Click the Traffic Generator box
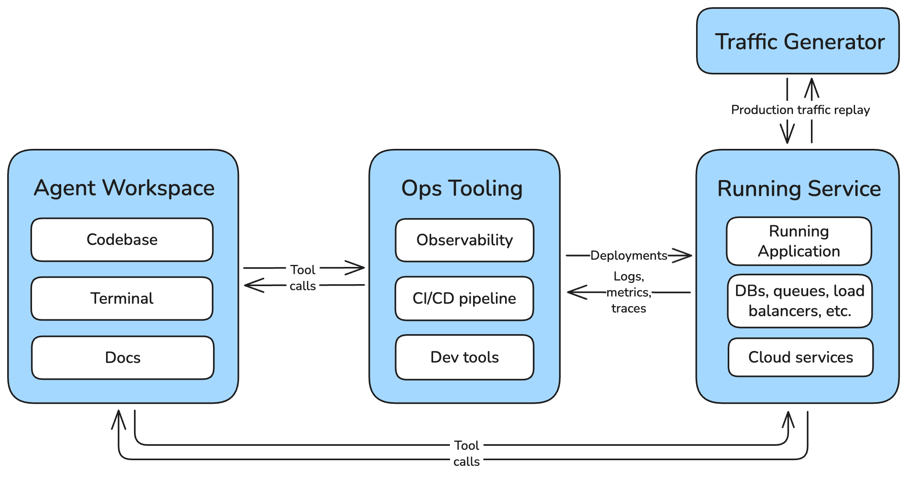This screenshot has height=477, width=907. pyautogui.click(x=798, y=41)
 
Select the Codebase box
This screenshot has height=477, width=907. pyautogui.click(x=122, y=240)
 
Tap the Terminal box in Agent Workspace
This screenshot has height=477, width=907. pyautogui.click(x=122, y=299)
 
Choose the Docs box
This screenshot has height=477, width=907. pyautogui.click(x=122, y=357)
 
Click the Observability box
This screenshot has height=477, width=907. pyautogui.click(x=464, y=240)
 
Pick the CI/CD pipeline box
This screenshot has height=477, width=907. pyautogui.click(x=464, y=299)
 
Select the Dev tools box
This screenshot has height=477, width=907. pyautogui.click(x=464, y=357)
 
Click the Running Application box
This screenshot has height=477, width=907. pyautogui.click(x=799, y=241)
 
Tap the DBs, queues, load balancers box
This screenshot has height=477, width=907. pyautogui.click(x=800, y=301)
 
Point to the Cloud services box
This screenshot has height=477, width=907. pyautogui.click(x=801, y=357)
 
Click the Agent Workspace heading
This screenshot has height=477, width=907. pyautogui.click(x=124, y=188)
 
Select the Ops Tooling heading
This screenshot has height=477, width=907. pyautogui.click(x=462, y=188)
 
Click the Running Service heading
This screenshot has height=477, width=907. pyautogui.click(x=799, y=188)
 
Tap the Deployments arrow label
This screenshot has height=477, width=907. pyautogui.click(x=628, y=255)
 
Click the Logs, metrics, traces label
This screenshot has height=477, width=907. pyautogui.click(x=628, y=292)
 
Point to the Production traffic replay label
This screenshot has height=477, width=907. pyautogui.click(x=800, y=110)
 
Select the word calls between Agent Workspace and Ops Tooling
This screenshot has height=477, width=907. pyautogui.click(x=303, y=286)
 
